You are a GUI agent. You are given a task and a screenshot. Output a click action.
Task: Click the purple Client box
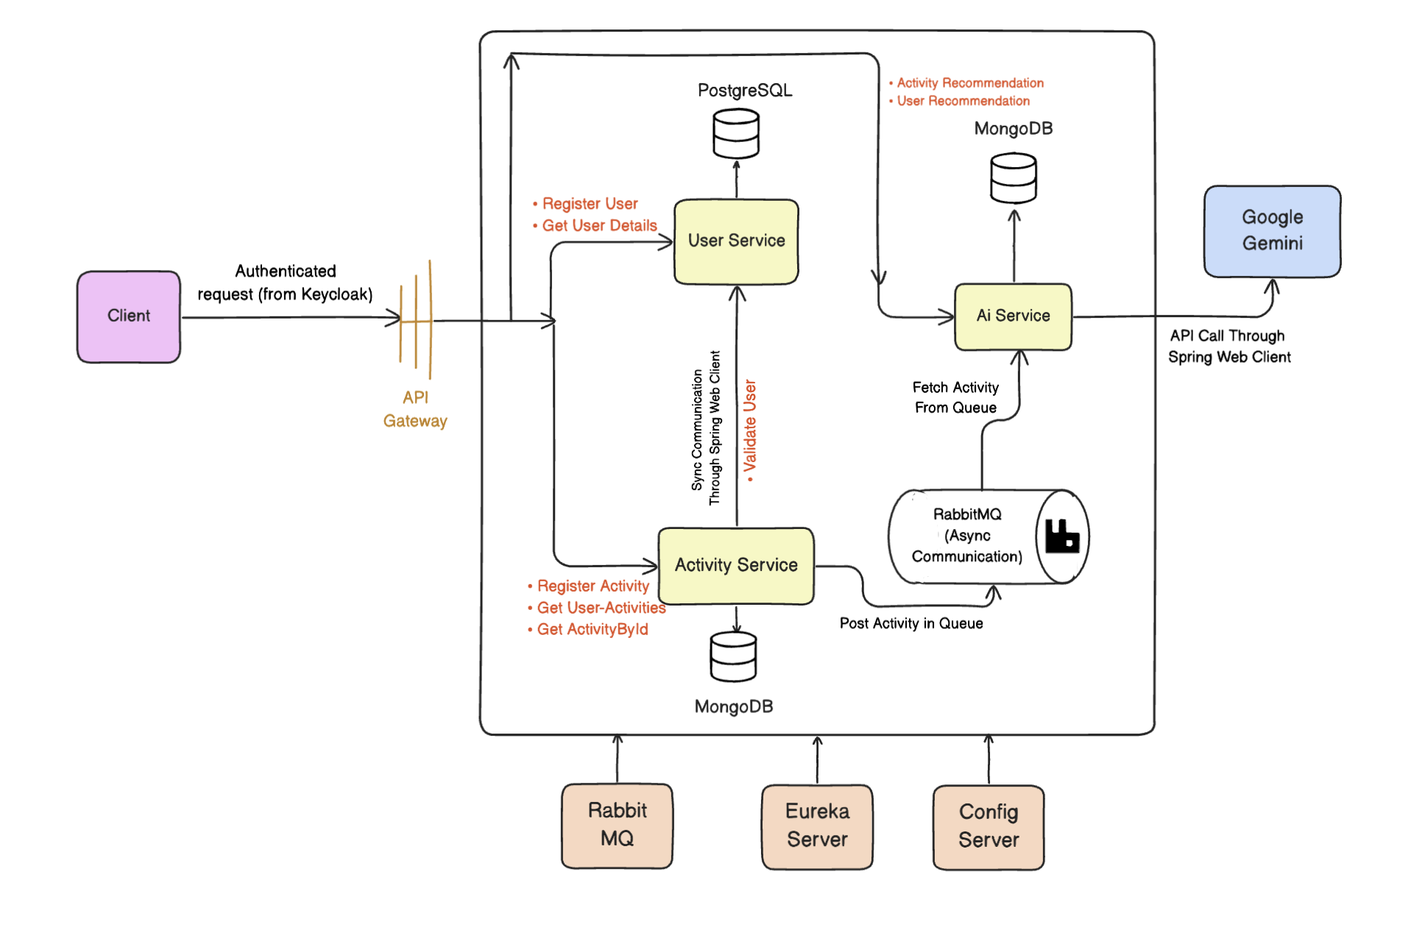point(129,316)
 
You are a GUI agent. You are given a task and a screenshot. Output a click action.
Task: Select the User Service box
point(736,241)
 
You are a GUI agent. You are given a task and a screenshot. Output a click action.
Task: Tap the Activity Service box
point(736,565)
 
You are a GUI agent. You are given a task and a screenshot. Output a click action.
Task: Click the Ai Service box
point(1013,316)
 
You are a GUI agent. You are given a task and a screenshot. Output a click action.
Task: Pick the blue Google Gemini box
point(1272,231)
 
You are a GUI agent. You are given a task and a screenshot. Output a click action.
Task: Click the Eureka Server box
point(817,826)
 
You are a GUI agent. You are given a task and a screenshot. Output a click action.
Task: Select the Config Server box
point(989,826)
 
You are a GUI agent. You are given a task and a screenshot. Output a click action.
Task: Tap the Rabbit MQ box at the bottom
point(617,825)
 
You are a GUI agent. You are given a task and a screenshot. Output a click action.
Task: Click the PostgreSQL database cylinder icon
point(736,134)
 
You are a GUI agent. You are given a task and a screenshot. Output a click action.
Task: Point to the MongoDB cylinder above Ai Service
point(1014,178)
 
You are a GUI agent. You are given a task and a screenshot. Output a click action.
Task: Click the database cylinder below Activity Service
point(733,657)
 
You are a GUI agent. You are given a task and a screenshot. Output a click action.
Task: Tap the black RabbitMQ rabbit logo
point(1062,536)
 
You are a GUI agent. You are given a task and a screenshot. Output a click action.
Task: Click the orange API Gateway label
point(415,409)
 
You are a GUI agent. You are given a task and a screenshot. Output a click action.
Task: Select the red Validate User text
point(750,430)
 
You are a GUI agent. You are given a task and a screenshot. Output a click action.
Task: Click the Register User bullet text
point(590,204)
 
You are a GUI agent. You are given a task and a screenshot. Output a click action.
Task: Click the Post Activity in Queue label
point(911,623)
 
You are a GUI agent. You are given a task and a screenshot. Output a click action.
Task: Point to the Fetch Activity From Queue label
point(955,397)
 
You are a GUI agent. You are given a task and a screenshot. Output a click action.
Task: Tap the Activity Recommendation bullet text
point(969,83)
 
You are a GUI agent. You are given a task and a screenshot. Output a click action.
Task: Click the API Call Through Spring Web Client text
point(1228,347)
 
